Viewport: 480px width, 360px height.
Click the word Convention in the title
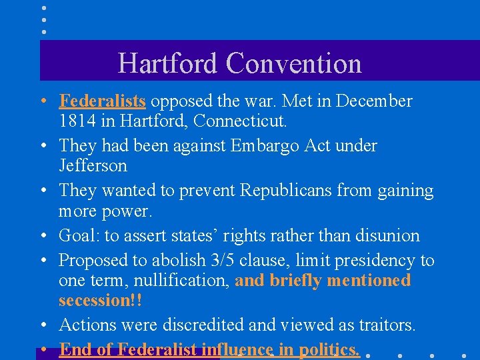click(293, 64)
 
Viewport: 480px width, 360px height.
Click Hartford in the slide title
click(167, 64)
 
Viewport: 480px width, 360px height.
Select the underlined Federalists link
click(102, 101)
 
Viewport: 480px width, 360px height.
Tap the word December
click(374, 101)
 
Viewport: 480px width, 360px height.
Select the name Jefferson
click(93, 165)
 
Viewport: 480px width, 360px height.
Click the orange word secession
click(96, 301)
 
